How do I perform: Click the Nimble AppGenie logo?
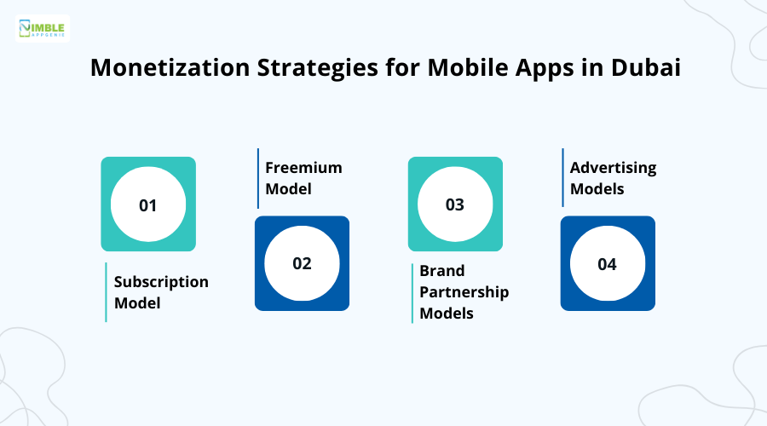43,29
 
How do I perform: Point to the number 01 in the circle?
148,205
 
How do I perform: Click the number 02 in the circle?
302,263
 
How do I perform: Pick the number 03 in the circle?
455,205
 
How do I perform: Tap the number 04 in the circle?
607,264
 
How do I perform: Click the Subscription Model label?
161,292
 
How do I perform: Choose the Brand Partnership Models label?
464,292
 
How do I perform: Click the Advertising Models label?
613,178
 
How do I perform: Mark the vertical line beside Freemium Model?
258,178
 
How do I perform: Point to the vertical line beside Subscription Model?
106,292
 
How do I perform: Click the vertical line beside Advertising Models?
562,178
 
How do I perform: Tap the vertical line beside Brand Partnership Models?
412,292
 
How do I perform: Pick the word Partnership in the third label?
464,292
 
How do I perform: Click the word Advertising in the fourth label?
613,168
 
